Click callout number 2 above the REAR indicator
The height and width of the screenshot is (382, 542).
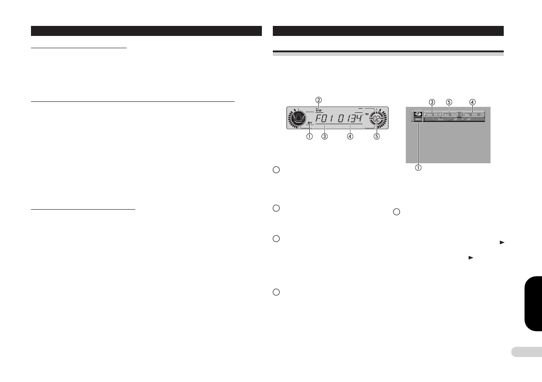(319, 100)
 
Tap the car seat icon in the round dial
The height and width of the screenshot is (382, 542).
(300, 120)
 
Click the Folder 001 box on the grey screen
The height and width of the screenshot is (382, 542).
(431, 115)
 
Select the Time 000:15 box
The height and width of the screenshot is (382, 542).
(472, 115)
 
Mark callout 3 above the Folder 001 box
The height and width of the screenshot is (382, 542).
(432, 101)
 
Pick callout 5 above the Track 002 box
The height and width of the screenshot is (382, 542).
(449, 101)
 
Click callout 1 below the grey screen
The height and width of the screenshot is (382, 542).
(417, 167)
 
